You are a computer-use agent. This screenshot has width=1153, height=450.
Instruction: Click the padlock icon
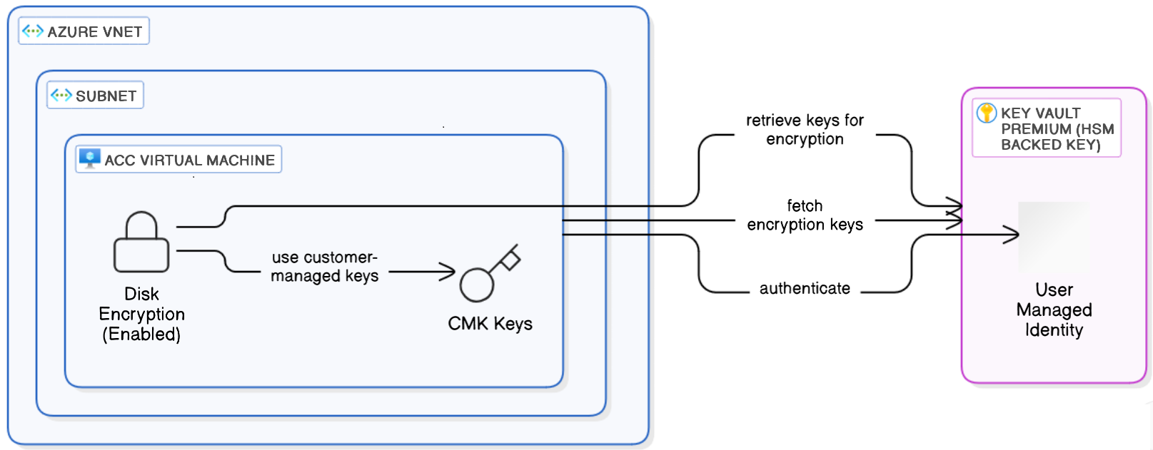141,242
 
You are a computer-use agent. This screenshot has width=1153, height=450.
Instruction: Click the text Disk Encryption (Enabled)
141,314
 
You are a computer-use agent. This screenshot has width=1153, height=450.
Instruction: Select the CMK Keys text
490,324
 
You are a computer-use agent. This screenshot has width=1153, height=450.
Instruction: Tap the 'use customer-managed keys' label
324,267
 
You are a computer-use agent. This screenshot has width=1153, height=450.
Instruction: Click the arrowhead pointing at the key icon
448,272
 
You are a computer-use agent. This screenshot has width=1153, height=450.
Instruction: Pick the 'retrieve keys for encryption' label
805,130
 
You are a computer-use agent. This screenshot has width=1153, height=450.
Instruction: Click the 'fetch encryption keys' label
805,215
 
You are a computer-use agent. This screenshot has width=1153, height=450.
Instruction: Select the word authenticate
805,288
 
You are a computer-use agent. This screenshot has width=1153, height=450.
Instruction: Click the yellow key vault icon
987,113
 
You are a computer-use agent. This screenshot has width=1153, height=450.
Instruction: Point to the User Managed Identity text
1054,310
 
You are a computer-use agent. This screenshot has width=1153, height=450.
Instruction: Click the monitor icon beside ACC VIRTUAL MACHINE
89,158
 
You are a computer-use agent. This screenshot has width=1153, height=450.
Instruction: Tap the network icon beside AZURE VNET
33,31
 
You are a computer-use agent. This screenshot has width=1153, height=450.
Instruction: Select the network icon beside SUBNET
61,95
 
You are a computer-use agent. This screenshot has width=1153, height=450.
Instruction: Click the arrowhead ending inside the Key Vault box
1012,234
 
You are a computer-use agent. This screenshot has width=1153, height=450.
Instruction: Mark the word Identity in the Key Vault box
1054,330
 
